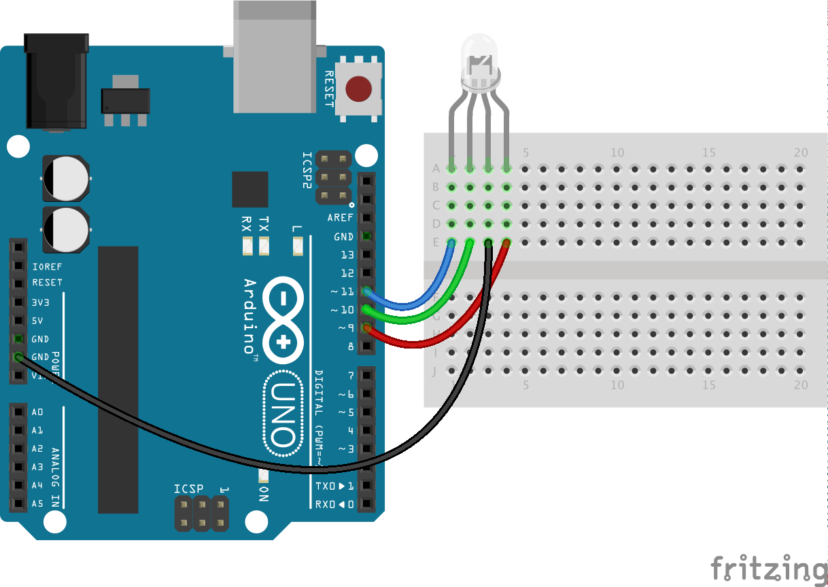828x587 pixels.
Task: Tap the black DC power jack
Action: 56,82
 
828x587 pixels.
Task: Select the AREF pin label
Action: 340,218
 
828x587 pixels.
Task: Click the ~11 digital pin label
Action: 343,291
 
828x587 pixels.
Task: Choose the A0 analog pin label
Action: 37,412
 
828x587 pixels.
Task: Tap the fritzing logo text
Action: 769,569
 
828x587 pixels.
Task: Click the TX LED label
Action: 264,224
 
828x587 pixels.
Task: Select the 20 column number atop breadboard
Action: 801,152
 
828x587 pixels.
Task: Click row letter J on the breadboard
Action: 434,371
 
